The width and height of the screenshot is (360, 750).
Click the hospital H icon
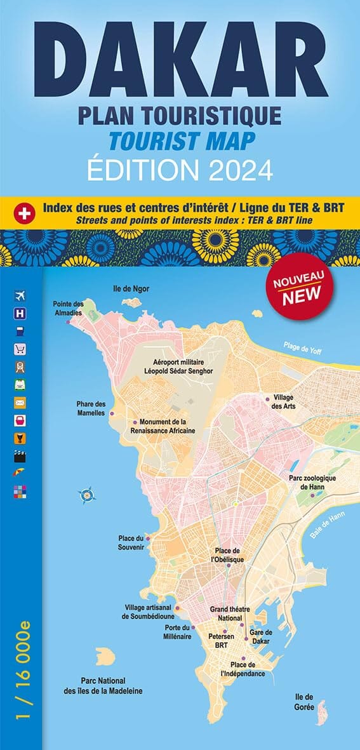20,312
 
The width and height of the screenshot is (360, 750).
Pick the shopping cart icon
20,348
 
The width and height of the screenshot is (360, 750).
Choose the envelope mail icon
20,402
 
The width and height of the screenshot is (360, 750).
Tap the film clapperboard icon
20,455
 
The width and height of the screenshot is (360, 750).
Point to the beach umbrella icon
20,473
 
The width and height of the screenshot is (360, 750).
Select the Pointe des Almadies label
68,308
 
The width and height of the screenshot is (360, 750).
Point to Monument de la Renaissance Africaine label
167,426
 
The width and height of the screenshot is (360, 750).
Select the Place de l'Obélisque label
229,554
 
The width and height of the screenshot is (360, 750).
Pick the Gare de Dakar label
260,636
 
